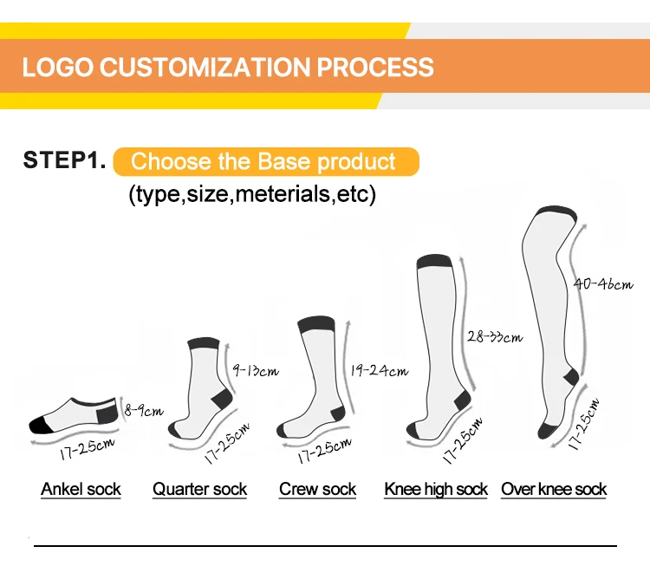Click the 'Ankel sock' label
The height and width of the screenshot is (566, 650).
tap(81, 490)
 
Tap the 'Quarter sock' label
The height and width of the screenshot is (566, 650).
tap(199, 490)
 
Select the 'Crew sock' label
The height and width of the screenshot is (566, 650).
tap(317, 490)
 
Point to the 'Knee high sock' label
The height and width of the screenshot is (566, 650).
tap(436, 490)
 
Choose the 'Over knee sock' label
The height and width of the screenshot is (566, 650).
tap(554, 490)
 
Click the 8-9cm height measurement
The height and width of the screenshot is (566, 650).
tap(143, 410)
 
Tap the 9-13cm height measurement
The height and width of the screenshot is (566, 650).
tap(256, 370)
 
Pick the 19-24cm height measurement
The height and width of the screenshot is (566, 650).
tap(380, 371)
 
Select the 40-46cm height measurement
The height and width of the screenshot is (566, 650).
tap(603, 283)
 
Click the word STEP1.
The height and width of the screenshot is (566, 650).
tap(65, 161)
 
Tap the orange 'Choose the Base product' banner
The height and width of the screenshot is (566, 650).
tap(264, 162)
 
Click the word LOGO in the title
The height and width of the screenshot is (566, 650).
tap(54, 67)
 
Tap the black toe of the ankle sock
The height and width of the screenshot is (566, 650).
tap(41, 425)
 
